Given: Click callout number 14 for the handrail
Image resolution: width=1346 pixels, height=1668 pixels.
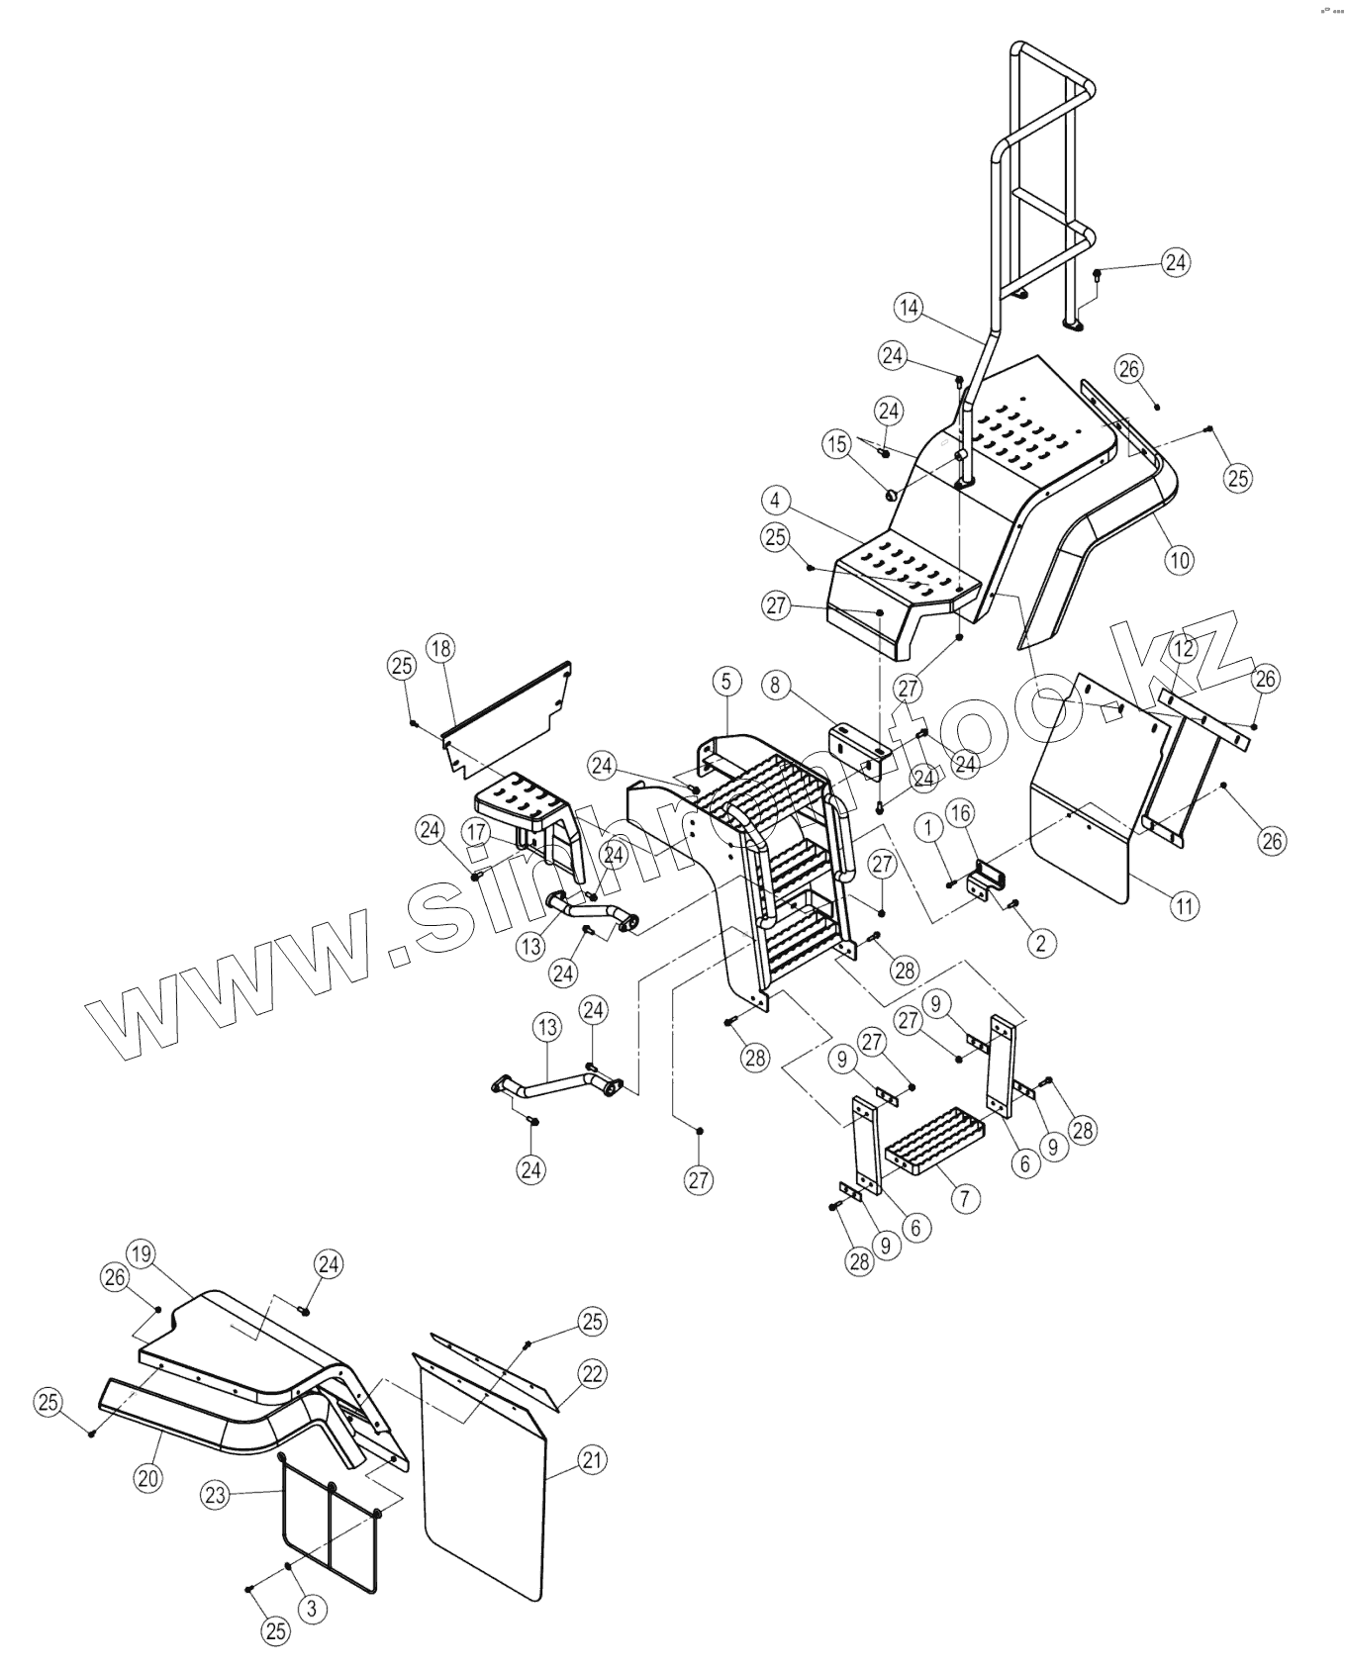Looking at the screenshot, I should click(x=909, y=308).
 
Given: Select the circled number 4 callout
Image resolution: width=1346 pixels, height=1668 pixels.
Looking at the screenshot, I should click(x=776, y=501).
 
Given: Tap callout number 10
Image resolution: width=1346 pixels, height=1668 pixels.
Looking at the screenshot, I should click(x=1179, y=560).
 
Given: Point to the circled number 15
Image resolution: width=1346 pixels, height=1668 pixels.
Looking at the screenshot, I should click(x=837, y=444).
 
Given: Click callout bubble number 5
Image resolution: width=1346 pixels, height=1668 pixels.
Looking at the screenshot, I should click(x=726, y=682).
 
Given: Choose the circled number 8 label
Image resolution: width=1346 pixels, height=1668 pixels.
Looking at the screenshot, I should click(x=776, y=684).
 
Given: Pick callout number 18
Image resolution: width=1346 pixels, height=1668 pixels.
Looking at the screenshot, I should click(x=441, y=648).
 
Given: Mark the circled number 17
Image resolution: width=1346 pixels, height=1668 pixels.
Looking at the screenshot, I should click(x=477, y=831).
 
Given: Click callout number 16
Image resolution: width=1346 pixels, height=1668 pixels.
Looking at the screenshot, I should click(x=960, y=813).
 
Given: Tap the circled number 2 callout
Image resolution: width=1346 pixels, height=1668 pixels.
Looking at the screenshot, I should click(x=1039, y=943).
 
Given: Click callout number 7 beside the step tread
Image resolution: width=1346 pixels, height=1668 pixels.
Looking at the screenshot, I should click(x=965, y=1199).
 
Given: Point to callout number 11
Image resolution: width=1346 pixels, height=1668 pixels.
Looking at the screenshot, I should click(x=1186, y=904).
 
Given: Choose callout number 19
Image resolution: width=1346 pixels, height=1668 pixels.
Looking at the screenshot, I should click(x=142, y=1255).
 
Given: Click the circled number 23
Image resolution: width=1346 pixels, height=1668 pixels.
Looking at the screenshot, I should click(x=216, y=1495).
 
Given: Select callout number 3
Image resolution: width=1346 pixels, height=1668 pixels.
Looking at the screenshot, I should click(x=312, y=1609).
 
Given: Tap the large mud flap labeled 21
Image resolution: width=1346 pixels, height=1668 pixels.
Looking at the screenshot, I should click(x=485, y=1474).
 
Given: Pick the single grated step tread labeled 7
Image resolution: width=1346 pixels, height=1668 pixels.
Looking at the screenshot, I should click(x=935, y=1143).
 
